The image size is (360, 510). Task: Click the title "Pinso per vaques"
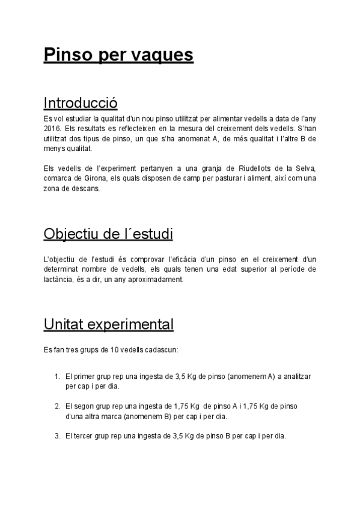(118, 55)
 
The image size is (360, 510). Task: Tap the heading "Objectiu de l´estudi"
(108, 233)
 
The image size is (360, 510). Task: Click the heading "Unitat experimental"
(109, 325)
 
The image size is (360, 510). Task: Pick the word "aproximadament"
(160, 280)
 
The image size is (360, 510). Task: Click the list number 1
(56, 376)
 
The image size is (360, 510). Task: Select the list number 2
(56, 406)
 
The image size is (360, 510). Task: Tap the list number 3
(56, 435)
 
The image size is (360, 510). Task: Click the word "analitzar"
(296, 376)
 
